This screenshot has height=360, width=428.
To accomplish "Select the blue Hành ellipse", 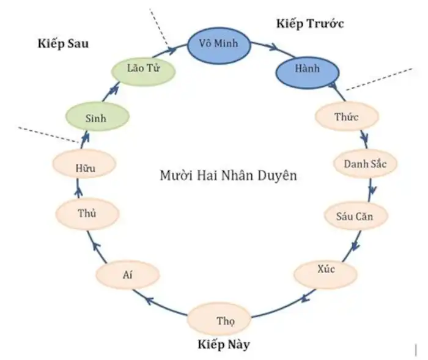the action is point(308,72).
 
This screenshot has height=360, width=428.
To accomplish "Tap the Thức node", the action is point(347,117).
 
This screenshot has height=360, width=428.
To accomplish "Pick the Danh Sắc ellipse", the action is point(365,163).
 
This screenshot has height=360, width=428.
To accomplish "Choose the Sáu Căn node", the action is point(356,216).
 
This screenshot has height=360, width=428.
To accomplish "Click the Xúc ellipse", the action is point(325,274).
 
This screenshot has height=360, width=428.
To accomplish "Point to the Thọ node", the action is point(219,319).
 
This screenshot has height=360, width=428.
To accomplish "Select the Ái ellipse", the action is point(127,275).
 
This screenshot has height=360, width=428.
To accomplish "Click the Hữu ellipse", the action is point(84,164).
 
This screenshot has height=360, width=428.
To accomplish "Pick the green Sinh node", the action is point(97,117).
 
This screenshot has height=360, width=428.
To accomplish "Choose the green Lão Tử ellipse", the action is point(143,72).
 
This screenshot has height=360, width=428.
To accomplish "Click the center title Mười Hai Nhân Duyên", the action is point(228,175).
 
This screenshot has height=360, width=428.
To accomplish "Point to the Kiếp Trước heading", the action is point(310,24).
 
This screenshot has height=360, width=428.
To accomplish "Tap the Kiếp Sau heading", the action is point(63,43).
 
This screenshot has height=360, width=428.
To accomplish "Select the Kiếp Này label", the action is point(224,345).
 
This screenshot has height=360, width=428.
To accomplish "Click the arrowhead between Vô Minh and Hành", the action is point(273,47).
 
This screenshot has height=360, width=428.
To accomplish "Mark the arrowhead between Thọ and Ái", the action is point(150,300).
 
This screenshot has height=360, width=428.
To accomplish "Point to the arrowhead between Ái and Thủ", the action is point(97,246).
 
